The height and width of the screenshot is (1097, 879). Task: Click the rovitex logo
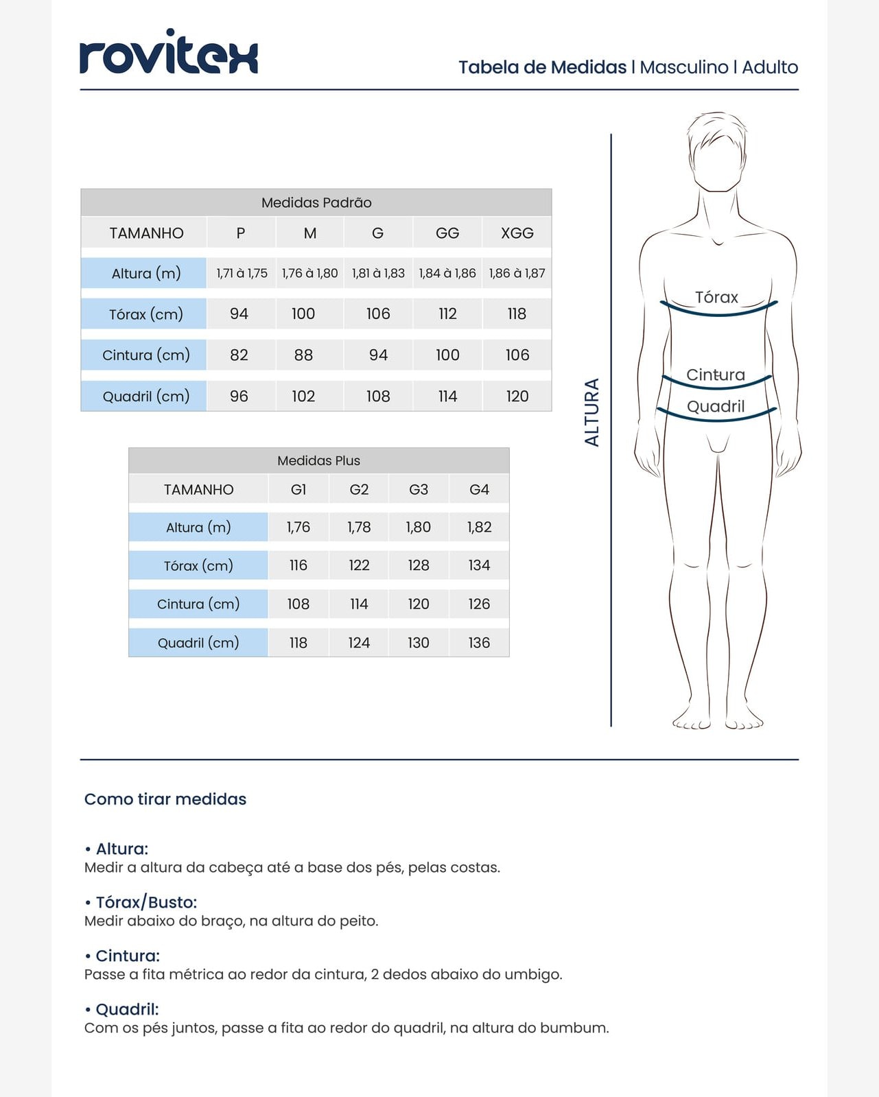pyautogui.click(x=169, y=53)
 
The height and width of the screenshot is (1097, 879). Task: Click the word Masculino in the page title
pyautogui.click(x=683, y=67)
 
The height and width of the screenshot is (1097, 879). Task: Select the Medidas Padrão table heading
pyautogui.click(x=316, y=202)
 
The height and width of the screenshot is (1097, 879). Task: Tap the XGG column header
pyautogui.click(x=517, y=233)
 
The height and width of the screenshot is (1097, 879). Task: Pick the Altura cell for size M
pyautogui.click(x=309, y=273)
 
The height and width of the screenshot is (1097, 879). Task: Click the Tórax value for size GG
pyautogui.click(x=447, y=314)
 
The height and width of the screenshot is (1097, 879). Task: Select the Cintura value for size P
pyautogui.click(x=239, y=355)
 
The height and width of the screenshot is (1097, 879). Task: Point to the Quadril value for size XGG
pyautogui.click(x=517, y=396)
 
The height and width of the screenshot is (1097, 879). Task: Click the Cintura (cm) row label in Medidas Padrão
pyautogui.click(x=145, y=355)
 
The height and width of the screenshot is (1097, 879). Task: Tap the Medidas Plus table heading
pyautogui.click(x=318, y=460)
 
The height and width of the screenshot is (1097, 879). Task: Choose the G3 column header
pyautogui.click(x=418, y=489)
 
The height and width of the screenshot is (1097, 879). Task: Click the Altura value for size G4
pyautogui.click(x=479, y=527)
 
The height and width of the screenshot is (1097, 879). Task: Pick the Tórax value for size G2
pyautogui.click(x=359, y=565)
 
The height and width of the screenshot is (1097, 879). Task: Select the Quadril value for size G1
pyautogui.click(x=298, y=643)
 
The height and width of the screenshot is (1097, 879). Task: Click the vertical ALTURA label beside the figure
pyautogui.click(x=591, y=412)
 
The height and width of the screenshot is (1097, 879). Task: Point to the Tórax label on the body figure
pyautogui.click(x=716, y=297)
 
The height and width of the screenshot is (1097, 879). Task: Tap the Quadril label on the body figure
pyautogui.click(x=716, y=406)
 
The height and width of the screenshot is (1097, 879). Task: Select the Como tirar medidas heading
pyautogui.click(x=165, y=799)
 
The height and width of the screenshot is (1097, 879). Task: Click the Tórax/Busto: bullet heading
pyautogui.click(x=145, y=902)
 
